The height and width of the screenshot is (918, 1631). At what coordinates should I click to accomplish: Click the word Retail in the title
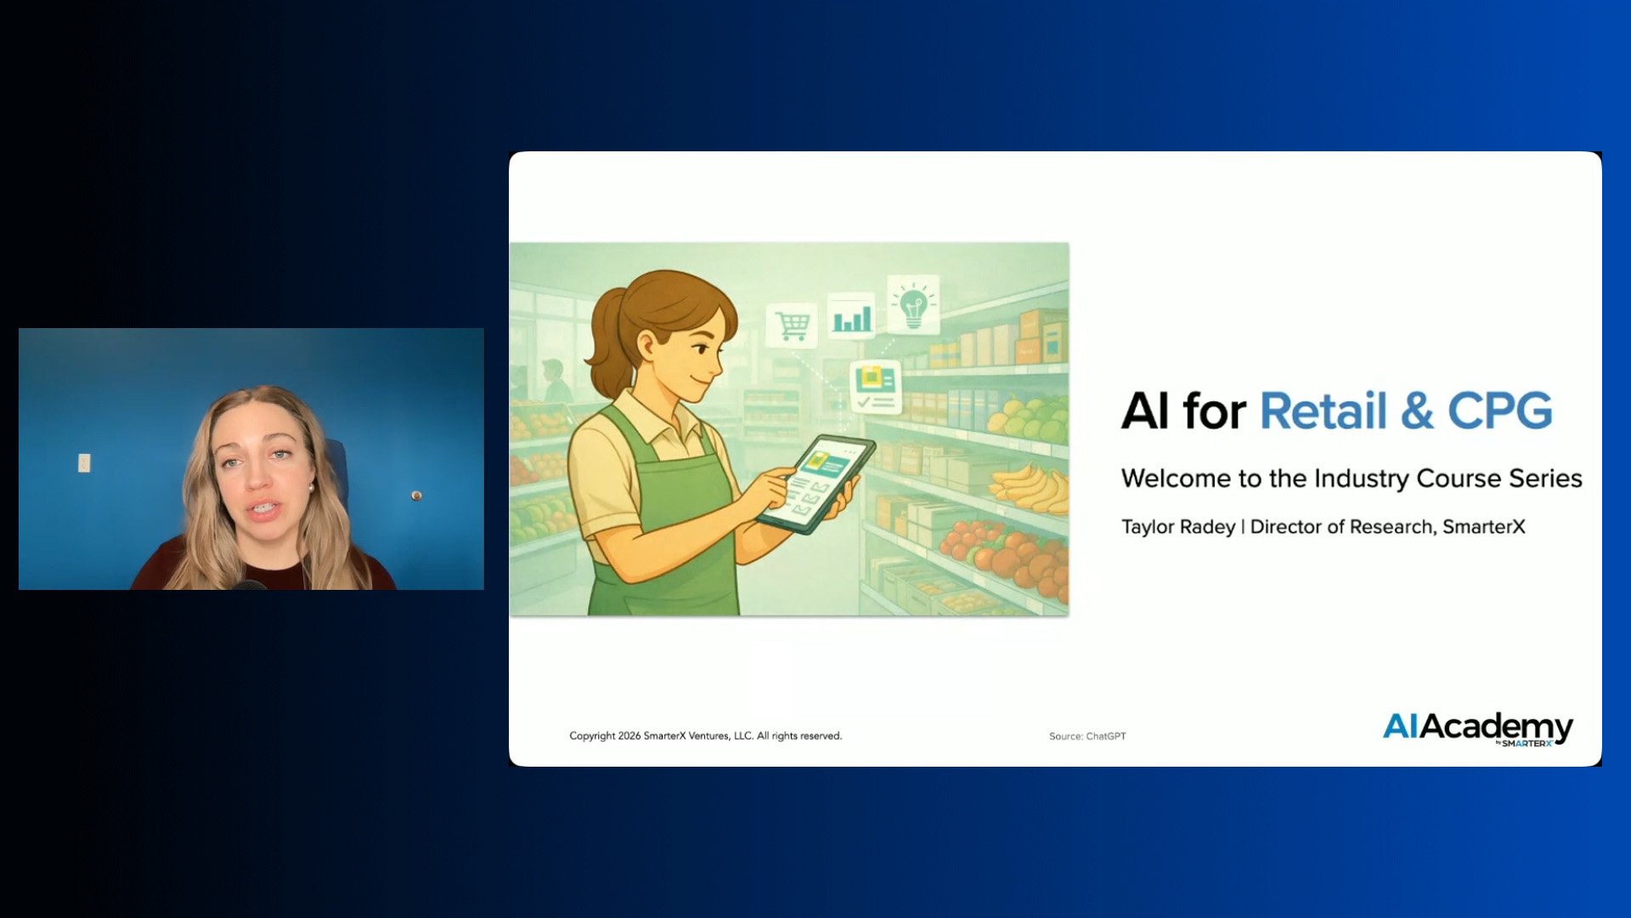(x=1323, y=411)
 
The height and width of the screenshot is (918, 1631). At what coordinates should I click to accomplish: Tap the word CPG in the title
(x=1500, y=411)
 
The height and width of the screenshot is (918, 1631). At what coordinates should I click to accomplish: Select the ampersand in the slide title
(x=1418, y=411)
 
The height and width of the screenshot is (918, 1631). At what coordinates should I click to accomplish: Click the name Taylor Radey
(x=1178, y=527)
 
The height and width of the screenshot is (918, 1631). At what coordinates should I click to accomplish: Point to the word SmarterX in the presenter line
(x=1484, y=527)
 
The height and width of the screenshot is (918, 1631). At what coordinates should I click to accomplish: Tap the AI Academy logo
(x=1478, y=729)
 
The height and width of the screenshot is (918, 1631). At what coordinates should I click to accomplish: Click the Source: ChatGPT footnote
(x=1087, y=736)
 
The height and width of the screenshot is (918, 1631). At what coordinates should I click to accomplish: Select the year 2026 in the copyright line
(x=629, y=736)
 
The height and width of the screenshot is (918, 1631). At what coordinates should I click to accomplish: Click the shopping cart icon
(x=792, y=325)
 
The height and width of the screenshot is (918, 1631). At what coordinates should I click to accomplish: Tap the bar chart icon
(x=852, y=316)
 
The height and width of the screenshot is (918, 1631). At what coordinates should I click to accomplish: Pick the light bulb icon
(x=913, y=303)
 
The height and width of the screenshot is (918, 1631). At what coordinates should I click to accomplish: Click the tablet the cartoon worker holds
(x=816, y=484)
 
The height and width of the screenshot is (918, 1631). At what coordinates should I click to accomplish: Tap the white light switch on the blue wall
(x=84, y=462)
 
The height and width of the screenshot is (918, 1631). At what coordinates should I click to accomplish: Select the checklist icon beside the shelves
(x=875, y=388)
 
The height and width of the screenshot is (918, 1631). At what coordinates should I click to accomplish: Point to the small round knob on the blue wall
(x=416, y=495)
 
